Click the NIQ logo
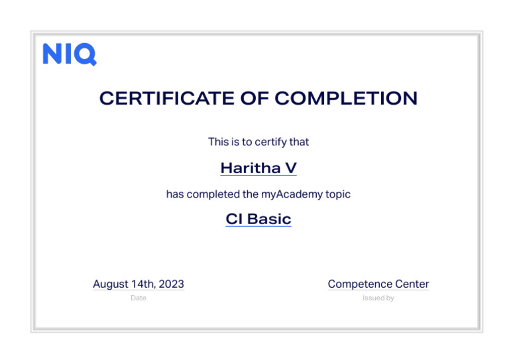[x=69, y=54]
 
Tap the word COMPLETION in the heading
[x=346, y=99]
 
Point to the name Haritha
[x=251, y=168]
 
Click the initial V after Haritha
[x=290, y=168]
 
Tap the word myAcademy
[x=296, y=194]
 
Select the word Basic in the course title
[x=269, y=219]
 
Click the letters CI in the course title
[x=234, y=219]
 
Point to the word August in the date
[x=110, y=284]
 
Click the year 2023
[x=172, y=284]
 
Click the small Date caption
[x=138, y=298]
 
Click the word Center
[x=412, y=284]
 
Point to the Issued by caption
[x=378, y=298]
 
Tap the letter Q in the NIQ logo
[x=87, y=54]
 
